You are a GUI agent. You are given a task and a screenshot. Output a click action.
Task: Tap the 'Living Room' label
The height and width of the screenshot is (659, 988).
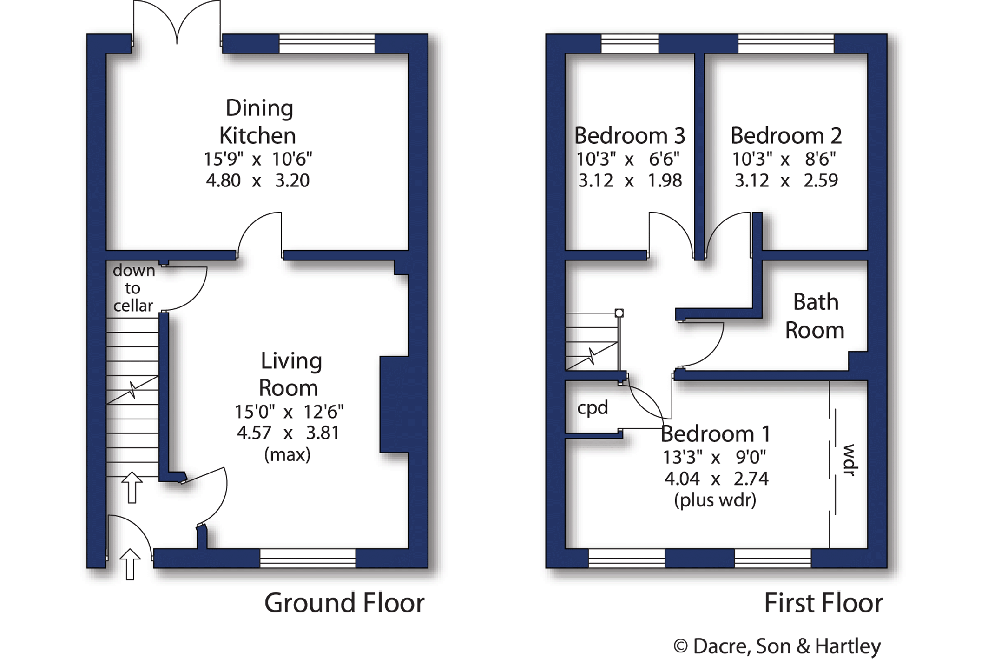click(x=290, y=374)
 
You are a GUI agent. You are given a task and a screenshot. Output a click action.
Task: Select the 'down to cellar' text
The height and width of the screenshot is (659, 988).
click(x=133, y=288)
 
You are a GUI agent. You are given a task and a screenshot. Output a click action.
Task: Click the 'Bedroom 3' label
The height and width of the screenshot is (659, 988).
click(x=630, y=136)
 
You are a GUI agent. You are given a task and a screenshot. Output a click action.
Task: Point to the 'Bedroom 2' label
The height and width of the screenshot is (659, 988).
click(x=786, y=136)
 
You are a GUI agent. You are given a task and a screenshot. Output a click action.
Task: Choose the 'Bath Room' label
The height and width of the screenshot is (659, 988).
click(x=815, y=316)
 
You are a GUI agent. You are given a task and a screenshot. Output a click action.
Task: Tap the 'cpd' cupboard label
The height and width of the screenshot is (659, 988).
click(x=593, y=408)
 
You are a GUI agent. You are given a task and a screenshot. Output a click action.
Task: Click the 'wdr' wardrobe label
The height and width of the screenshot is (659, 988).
click(x=850, y=460)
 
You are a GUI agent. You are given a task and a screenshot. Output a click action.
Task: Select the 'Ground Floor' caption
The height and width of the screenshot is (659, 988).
click(x=344, y=603)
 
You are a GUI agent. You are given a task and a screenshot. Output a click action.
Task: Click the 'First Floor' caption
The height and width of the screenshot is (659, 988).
click(x=823, y=603)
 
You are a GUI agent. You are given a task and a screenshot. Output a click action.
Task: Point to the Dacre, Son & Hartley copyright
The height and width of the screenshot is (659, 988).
click(x=777, y=646)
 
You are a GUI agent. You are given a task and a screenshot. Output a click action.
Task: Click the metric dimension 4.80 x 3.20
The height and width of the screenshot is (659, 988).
click(x=257, y=180)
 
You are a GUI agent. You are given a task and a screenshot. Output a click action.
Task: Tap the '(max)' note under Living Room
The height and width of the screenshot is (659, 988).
click(x=287, y=454)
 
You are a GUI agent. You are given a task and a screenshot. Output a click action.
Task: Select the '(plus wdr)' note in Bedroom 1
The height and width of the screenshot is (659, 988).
click(x=715, y=500)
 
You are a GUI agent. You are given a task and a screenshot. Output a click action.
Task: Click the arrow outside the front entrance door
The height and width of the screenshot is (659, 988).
click(x=130, y=564)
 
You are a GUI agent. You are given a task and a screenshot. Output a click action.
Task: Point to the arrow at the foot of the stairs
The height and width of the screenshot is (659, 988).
click(x=132, y=487)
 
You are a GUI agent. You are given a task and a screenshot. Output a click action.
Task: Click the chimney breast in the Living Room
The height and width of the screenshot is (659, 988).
click(x=394, y=405)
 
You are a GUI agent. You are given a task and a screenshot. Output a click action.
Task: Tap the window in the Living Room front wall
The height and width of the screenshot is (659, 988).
click(x=308, y=558)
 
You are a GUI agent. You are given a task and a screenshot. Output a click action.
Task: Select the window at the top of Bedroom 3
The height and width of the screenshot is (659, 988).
click(x=630, y=44)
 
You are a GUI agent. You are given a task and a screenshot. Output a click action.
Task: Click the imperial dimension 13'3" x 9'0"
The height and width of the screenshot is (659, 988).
click(x=714, y=458)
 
